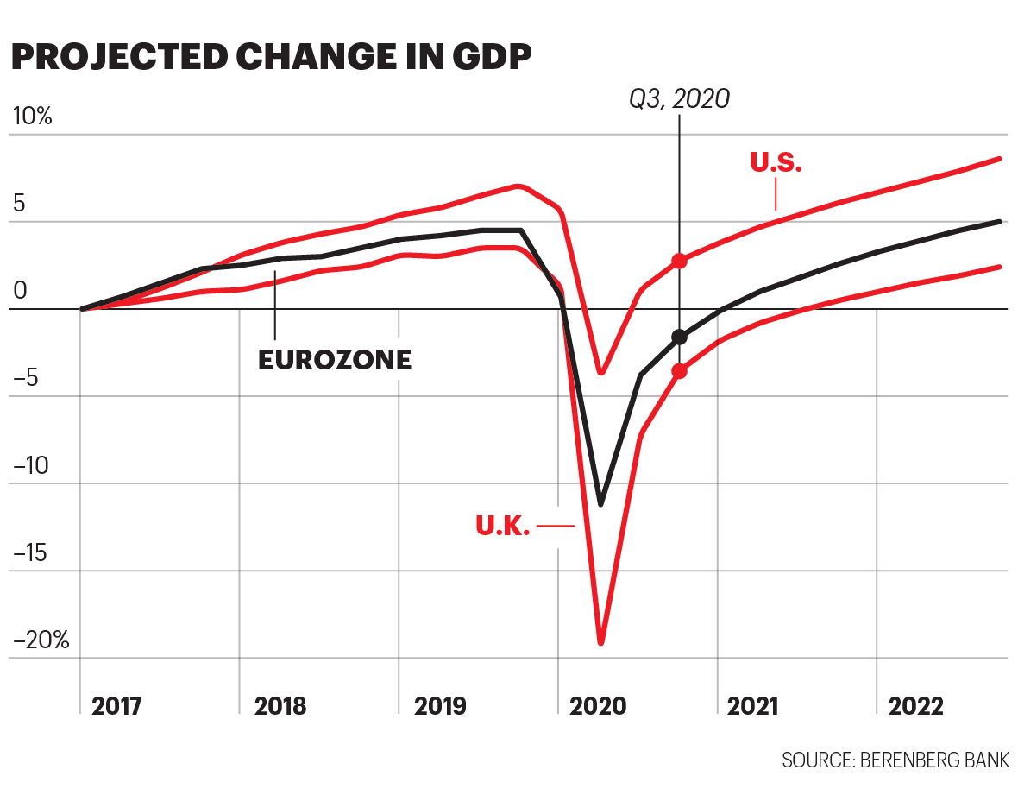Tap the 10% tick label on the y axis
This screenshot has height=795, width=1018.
[x=30, y=117]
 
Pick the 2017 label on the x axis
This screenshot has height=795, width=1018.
[x=117, y=706]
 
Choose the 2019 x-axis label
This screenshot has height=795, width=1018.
[x=440, y=706]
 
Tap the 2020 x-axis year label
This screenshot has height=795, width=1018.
[x=598, y=706]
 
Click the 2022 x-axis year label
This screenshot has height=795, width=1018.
[x=916, y=706]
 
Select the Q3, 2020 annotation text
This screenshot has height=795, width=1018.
[x=679, y=99]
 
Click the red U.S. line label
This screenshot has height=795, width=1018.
[x=776, y=162]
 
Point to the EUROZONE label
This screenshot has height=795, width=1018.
[x=335, y=360]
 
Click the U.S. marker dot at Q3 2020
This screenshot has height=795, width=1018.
[x=680, y=261]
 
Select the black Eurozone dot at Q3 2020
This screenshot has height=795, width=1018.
[x=680, y=337]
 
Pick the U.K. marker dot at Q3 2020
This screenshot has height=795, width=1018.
[x=680, y=371]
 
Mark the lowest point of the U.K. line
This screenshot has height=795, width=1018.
[x=600, y=641]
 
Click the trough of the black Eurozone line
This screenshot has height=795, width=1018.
[x=600, y=503]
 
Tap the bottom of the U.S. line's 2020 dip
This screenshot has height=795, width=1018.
[x=601, y=372]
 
